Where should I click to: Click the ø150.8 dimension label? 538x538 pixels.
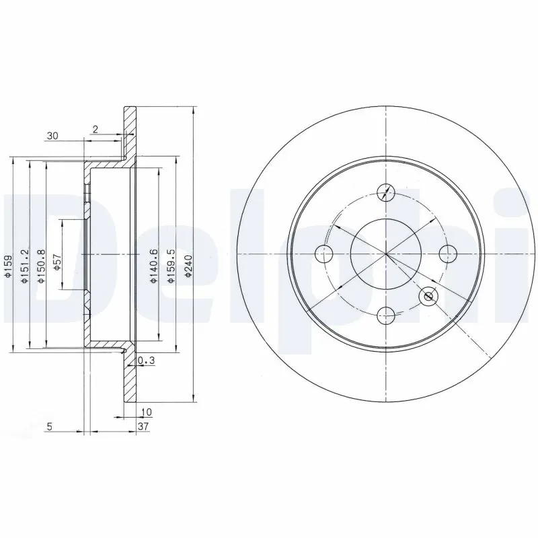41,266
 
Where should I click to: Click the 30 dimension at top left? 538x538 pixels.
52,136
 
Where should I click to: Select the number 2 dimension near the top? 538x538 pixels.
96,129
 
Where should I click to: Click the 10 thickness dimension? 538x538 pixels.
146,412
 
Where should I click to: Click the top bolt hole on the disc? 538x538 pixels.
386,192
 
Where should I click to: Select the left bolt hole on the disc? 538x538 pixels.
324,254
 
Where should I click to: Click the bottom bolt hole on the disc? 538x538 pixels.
386,315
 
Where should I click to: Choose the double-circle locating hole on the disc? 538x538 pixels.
428,297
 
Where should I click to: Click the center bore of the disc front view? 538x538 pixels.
386,254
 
